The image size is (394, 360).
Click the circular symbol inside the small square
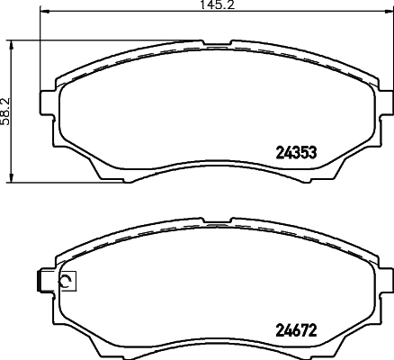[66, 283]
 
